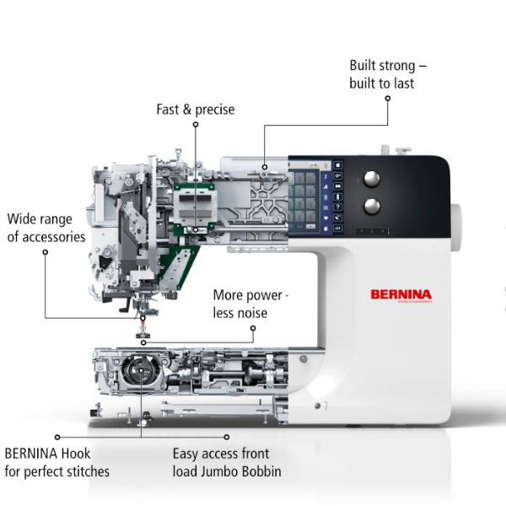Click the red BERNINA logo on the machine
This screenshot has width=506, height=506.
401,295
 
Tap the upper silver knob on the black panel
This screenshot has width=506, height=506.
372,179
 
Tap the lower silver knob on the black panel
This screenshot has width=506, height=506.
372,207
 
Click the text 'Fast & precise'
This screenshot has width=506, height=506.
196,110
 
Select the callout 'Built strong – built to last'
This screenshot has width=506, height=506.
388,74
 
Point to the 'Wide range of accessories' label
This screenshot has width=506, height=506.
46,228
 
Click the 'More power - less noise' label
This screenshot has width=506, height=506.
250,304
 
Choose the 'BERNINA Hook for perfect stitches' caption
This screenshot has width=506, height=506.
57,462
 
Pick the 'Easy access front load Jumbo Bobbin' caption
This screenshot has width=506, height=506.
227,462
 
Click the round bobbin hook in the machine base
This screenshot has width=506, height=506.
141,370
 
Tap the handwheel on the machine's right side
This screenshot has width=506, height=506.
456,227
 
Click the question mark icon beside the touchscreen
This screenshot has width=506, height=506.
338,207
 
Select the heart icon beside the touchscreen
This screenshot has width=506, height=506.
326,218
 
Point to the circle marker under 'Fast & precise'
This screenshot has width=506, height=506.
196,124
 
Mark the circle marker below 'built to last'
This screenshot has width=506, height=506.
388,98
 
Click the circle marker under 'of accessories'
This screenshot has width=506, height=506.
46,252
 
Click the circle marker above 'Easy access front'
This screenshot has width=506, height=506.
227,437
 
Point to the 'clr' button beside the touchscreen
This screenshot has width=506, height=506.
338,229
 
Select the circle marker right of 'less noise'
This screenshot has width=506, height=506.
253,328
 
